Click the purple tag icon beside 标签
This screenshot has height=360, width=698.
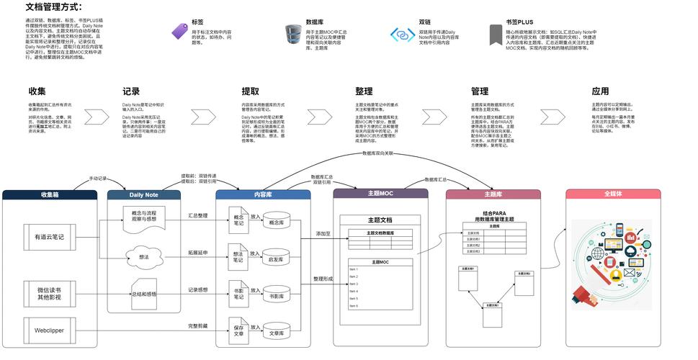[x=179, y=32]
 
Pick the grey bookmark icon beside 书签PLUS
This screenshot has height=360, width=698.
[x=495, y=34]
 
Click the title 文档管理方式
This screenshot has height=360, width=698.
[x=53, y=7]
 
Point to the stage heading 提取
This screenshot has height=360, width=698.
[x=250, y=91]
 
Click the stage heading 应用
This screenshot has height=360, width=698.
[x=599, y=91]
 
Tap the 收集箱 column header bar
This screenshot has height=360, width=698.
[x=50, y=194]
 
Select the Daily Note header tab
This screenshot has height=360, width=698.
[x=143, y=194]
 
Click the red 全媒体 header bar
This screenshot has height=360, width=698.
[x=612, y=194]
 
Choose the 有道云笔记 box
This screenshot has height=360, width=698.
[x=49, y=236]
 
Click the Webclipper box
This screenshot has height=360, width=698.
[x=49, y=330]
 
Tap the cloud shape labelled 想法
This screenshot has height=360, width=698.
[x=143, y=256]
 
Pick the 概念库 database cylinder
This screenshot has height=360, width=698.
[x=276, y=222]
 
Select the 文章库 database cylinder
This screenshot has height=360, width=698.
[x=276, y=333]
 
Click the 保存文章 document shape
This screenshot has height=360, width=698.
[x=238, y=333]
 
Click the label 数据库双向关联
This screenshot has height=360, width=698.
[x=378, y=153]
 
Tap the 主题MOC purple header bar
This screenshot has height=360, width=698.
[x=380, y=194]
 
